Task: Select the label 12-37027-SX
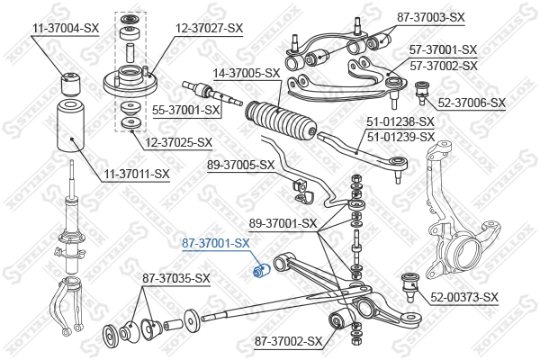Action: pyautogui.click(x=209, y=29)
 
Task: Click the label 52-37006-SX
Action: pyautogui.click(x=472, y=103)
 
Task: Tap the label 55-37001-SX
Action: pyautogui.click(x=186, y=110)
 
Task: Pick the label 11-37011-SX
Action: pyautogui.click(x=136, y=173)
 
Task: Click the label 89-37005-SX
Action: pyautogui.click(x=240, y=165)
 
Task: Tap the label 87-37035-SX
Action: pyautogui.click(x=175, y=278)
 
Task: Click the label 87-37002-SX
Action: pyautogui.click(x=288, y=341)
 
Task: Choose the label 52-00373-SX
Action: pyautogui.click(x=464, y=296)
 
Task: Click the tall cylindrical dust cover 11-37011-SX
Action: pyautogui.click(x=69, y=130)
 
